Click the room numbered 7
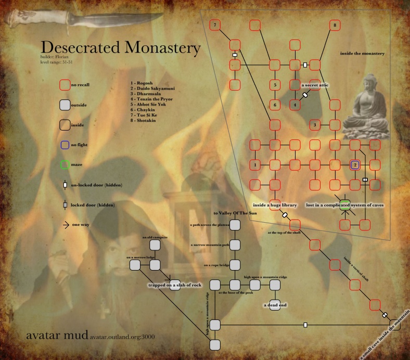214,25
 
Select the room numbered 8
335,25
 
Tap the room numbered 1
255,165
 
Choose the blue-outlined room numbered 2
355,165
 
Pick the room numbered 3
315,125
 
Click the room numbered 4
295,105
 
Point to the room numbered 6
275,105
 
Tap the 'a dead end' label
275,305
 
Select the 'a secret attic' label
315,85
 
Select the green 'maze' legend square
65,165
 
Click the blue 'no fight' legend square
65,145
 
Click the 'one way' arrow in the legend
65,225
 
